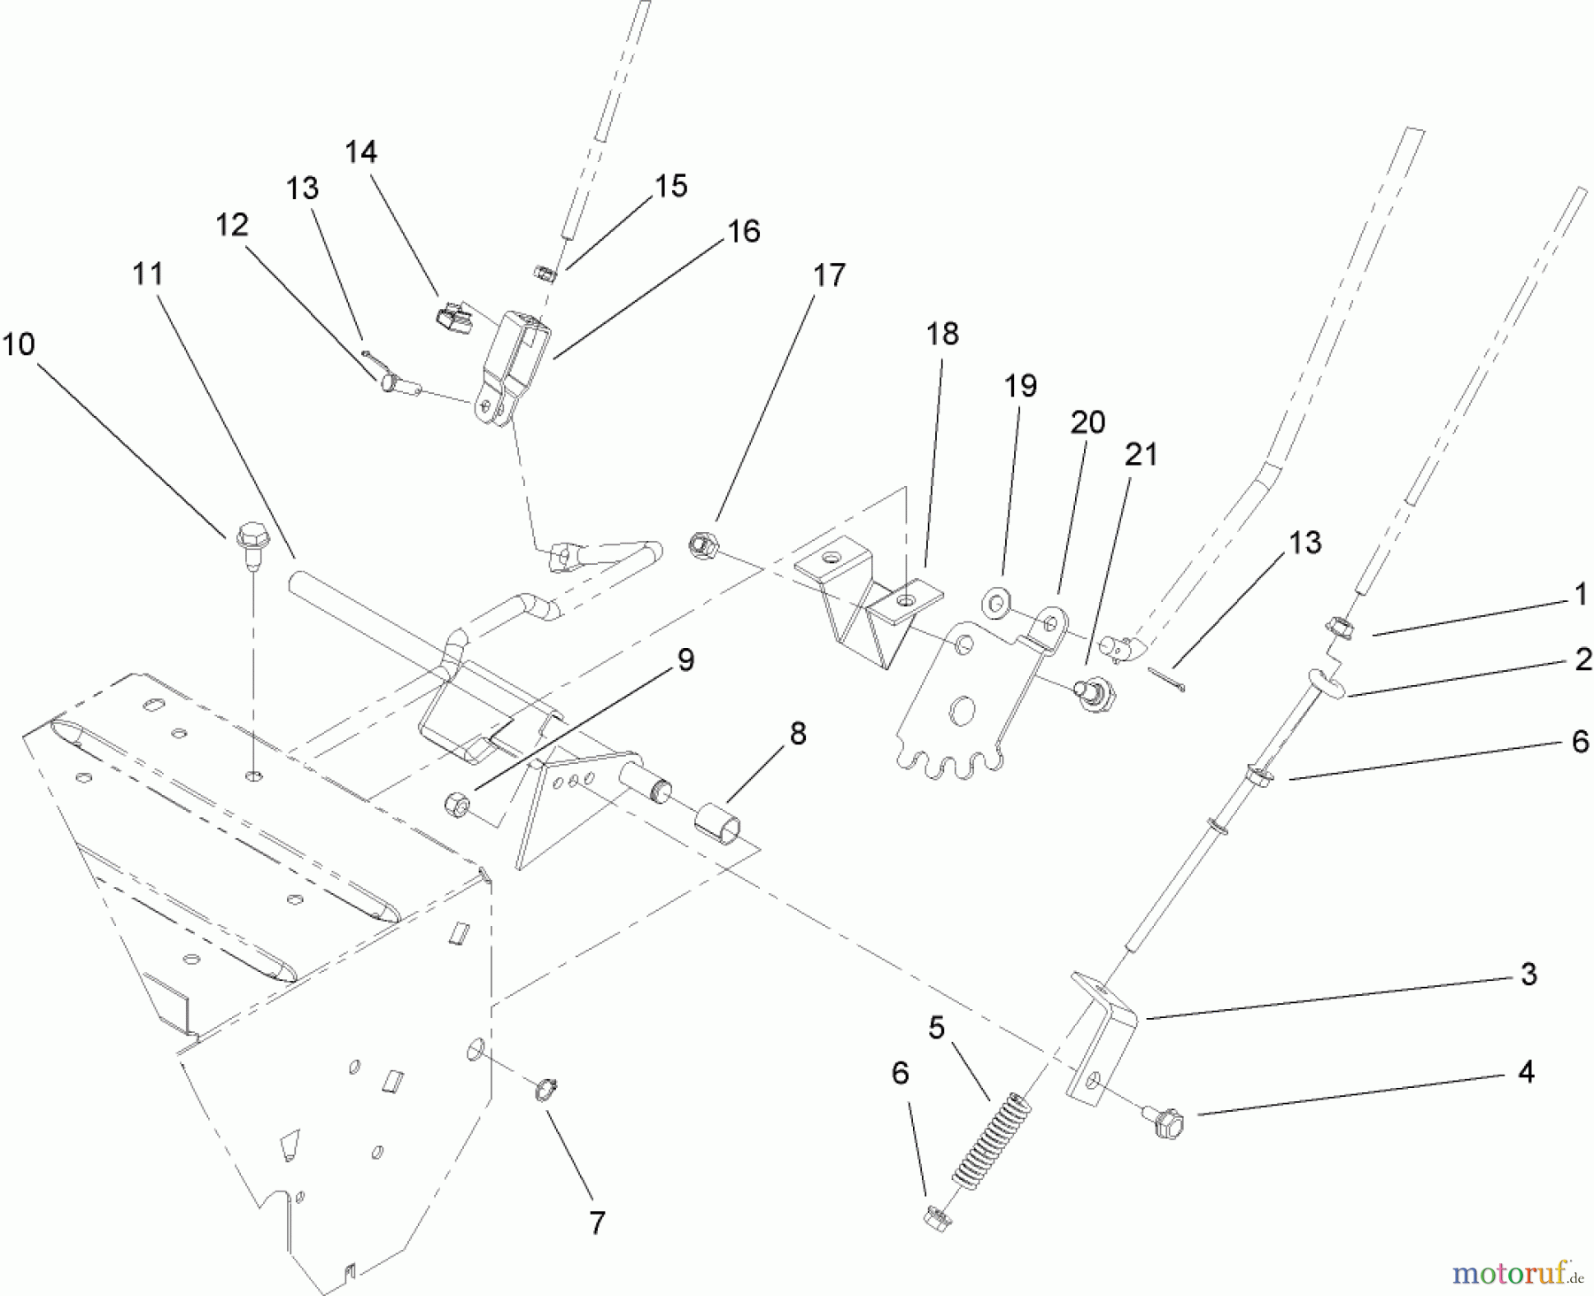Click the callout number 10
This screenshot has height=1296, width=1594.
click(19, 343)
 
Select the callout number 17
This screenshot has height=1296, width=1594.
click(829, 275)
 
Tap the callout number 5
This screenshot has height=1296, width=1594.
click(936, 1028)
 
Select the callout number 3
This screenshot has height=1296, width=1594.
click(1528, 975)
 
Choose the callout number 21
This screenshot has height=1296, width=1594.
click(1141, 454)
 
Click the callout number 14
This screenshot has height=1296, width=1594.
click(360, 152)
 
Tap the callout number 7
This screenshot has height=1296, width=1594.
click(597, 1223)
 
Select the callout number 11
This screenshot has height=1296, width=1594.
click(148, 274)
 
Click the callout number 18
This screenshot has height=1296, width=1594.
click(942, 334)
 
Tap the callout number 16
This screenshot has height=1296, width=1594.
click(743, 231)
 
